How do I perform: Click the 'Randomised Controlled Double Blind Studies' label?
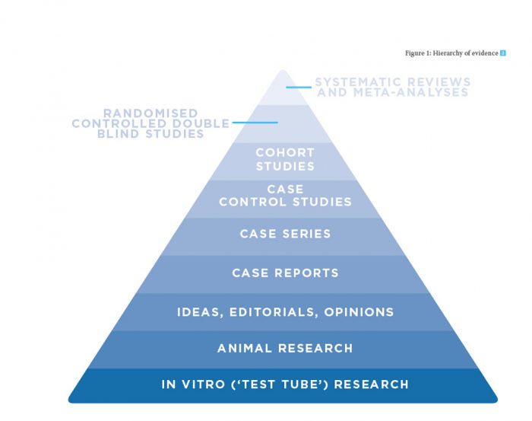pyautogui.click(x=150, y=123)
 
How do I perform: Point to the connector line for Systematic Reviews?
pyautogui.click(x=299, y=87)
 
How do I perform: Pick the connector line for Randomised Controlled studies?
pyautogui.click(x=255, y=123)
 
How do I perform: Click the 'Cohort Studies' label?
pyautogui.click(x=285, y=160)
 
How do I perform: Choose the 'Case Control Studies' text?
pyautogui.click(x=285, y=196)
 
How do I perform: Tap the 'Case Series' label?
pyautogui.click(x=285, y=234)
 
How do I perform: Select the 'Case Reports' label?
pyautogui.click(x=285, y=273)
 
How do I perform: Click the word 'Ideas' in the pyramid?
pyautogui.click(x=196, y=311)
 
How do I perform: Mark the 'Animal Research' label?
pyautogui.click(x=285, y=348)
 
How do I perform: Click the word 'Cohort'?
pyautogui.click(x=285, y=153)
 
